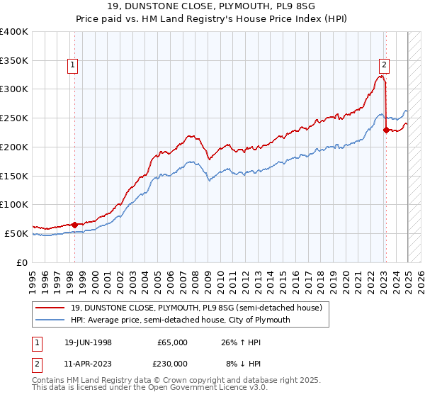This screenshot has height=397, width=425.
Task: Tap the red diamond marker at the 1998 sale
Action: point(74,225)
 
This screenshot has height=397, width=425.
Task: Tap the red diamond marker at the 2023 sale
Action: point(385,130)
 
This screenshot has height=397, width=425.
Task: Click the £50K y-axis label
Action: point(17,233)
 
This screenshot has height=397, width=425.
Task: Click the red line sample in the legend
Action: point(52,308)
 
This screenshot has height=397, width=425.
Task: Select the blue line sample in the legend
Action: point(52,320)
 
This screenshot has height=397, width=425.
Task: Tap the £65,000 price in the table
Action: point(172,342)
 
